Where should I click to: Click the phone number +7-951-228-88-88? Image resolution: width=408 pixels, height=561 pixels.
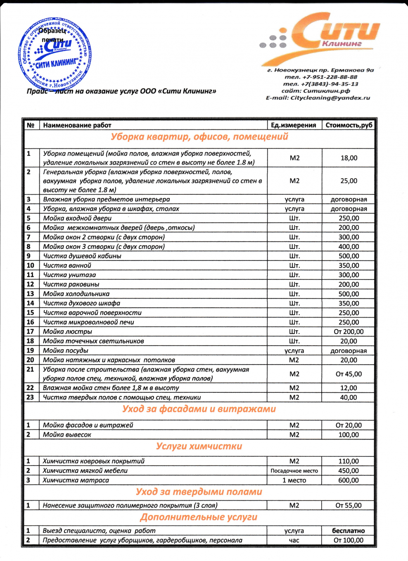coord(321,77)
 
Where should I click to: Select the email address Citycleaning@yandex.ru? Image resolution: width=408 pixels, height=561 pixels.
coord(318,98)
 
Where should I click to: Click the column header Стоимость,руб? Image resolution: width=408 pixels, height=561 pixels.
coord(349,125)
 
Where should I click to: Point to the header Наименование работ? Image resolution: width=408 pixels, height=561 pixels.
coord(77,125)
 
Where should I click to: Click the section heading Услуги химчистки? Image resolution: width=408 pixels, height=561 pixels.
coord(199,446)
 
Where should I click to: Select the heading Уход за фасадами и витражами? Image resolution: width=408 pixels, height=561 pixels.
coord(199,409)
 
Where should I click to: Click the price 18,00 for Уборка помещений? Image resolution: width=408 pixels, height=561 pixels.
coord(349,158)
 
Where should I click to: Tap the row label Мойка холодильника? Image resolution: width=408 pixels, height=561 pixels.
coord(76,294)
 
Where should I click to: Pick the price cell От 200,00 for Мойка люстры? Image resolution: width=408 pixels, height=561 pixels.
coord(349,332)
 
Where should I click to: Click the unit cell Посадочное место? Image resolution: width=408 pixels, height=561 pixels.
coord(294,471)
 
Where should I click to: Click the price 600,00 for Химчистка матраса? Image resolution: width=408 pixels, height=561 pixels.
coord(349,480)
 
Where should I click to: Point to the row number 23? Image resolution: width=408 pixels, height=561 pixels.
coord(30,397)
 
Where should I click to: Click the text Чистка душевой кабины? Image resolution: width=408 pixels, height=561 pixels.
coord(82,256)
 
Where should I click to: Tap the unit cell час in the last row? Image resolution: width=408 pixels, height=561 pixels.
coord(294,540)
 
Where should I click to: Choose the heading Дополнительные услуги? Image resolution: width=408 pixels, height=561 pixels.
coord(199,517)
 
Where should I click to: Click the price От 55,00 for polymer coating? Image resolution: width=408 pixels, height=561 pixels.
coord(349,506)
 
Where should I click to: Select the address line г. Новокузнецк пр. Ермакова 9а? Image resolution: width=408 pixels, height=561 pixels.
coord(320,70)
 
